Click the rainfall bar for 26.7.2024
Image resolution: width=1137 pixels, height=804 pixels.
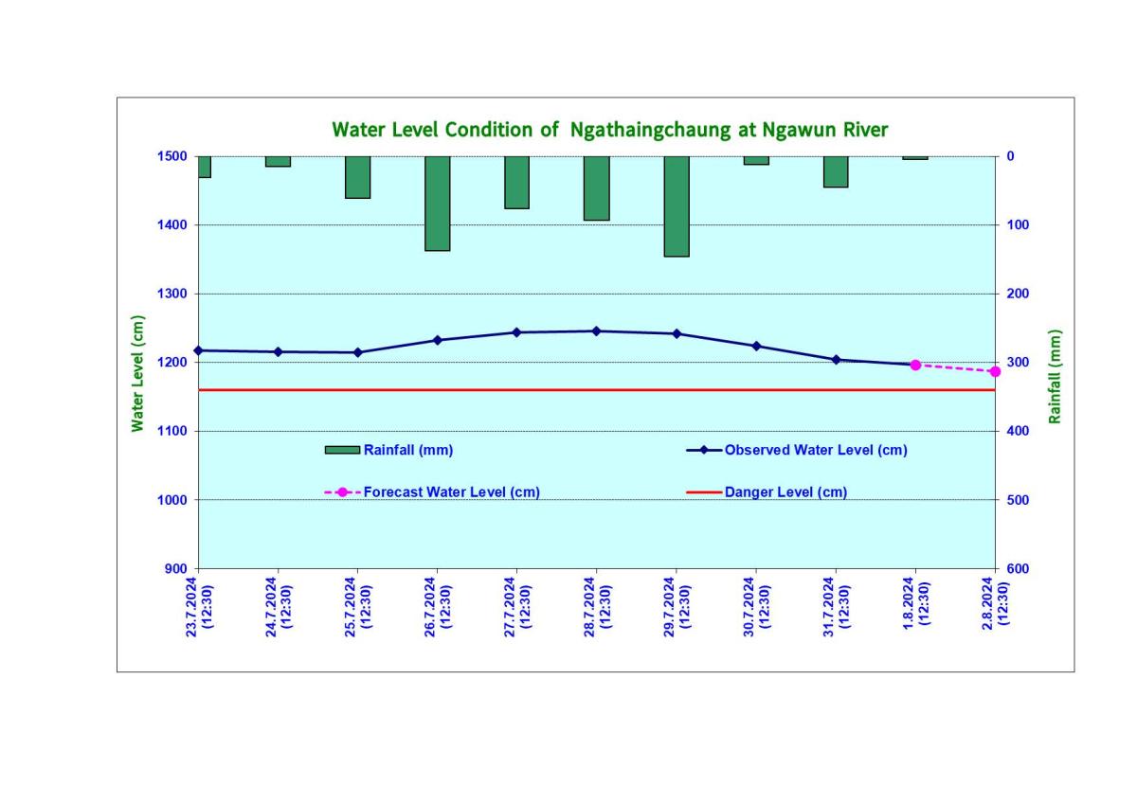coord(437,203)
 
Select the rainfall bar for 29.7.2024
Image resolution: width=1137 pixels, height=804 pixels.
coord(676,205)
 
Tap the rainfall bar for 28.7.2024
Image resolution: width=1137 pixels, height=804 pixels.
coord(596,188)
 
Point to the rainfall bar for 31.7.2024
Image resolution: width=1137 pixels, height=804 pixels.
coord(835,171)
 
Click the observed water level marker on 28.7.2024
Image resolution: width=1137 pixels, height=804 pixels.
coord(596,331)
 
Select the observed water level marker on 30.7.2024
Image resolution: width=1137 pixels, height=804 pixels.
coord(756,346)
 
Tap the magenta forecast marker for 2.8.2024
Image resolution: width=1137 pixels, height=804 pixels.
coord(995,371)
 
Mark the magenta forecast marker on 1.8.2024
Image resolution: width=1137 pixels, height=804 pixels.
coord(915,365)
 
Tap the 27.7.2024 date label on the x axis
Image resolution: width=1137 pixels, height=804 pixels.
coord(516,607)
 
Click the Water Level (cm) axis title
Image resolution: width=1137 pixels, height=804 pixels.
coord(138,374)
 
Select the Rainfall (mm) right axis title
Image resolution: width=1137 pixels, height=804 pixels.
coord(1055,376)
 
